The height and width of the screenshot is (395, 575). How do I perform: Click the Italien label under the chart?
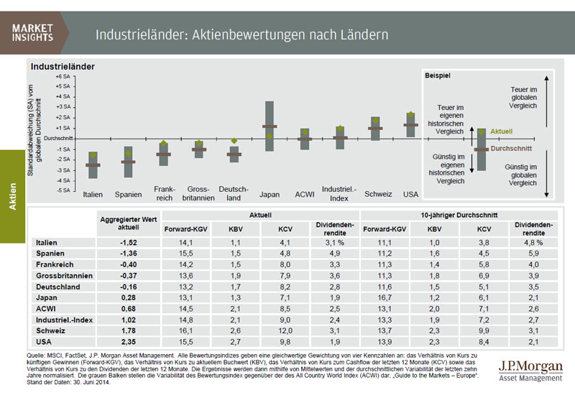93,194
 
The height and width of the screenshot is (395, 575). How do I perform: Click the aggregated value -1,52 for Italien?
129,243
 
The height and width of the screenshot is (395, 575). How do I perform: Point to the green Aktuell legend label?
502,132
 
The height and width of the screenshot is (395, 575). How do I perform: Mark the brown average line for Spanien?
129,162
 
